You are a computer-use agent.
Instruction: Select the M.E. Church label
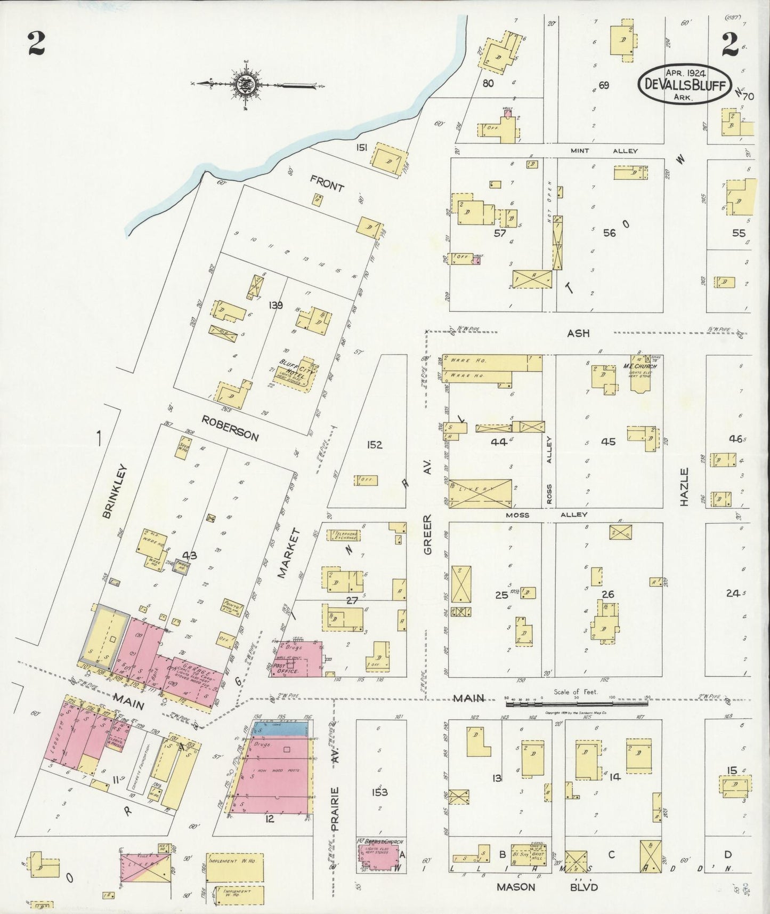tap(640, 367)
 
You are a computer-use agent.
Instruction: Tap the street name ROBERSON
tap(230, 428)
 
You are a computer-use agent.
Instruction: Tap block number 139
tap(276, 306)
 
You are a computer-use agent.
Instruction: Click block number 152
tap(374, 444)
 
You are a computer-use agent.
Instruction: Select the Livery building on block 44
tap(480, 493)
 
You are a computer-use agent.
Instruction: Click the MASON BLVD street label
tap(547, 887)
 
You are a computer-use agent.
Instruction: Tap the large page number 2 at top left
tap(36, 45)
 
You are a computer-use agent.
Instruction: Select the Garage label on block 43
tap(190, 669)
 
